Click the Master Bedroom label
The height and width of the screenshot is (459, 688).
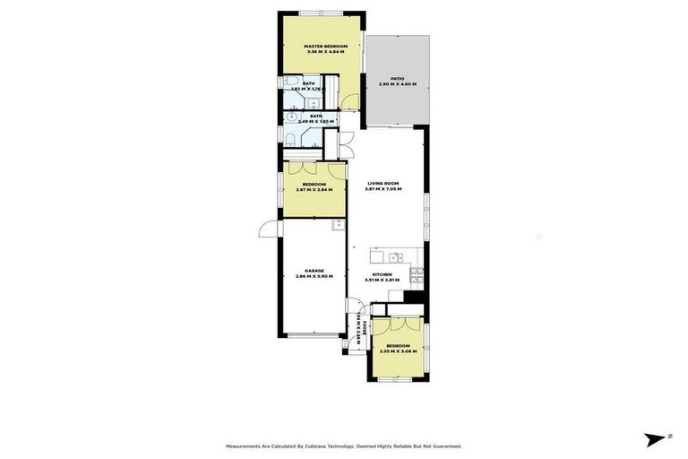325,46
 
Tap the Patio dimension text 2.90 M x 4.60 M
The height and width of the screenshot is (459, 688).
397,83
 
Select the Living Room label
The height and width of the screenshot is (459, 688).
383,183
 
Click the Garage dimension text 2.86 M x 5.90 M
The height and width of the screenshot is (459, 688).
314,275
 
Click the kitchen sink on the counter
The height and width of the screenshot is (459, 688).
395,258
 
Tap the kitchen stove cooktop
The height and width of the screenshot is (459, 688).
417,273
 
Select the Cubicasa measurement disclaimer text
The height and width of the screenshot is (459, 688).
343,446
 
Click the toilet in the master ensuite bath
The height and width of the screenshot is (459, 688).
293,86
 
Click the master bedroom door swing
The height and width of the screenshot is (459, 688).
350,101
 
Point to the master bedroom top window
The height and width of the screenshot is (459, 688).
322,13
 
